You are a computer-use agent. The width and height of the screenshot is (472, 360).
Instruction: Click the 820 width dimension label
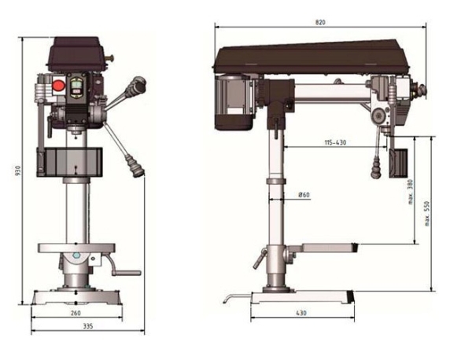tap(320, 24)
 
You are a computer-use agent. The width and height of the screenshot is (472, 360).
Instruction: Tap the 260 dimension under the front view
tap(75, 313)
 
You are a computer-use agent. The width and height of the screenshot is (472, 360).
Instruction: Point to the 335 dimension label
tap(75, 326)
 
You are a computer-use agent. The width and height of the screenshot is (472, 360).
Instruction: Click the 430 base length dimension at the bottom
tap(301, 313)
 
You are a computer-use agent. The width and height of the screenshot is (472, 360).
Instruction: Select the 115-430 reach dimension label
tap(336, 142)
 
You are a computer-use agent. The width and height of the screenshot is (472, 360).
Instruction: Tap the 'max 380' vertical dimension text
tap(411, 189)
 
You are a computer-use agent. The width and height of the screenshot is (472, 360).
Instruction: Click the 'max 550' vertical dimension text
tap(427, 211)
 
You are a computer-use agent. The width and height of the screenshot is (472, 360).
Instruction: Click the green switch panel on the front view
tap(77, 87)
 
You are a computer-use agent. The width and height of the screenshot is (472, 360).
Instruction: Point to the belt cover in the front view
tap(76, 52)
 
